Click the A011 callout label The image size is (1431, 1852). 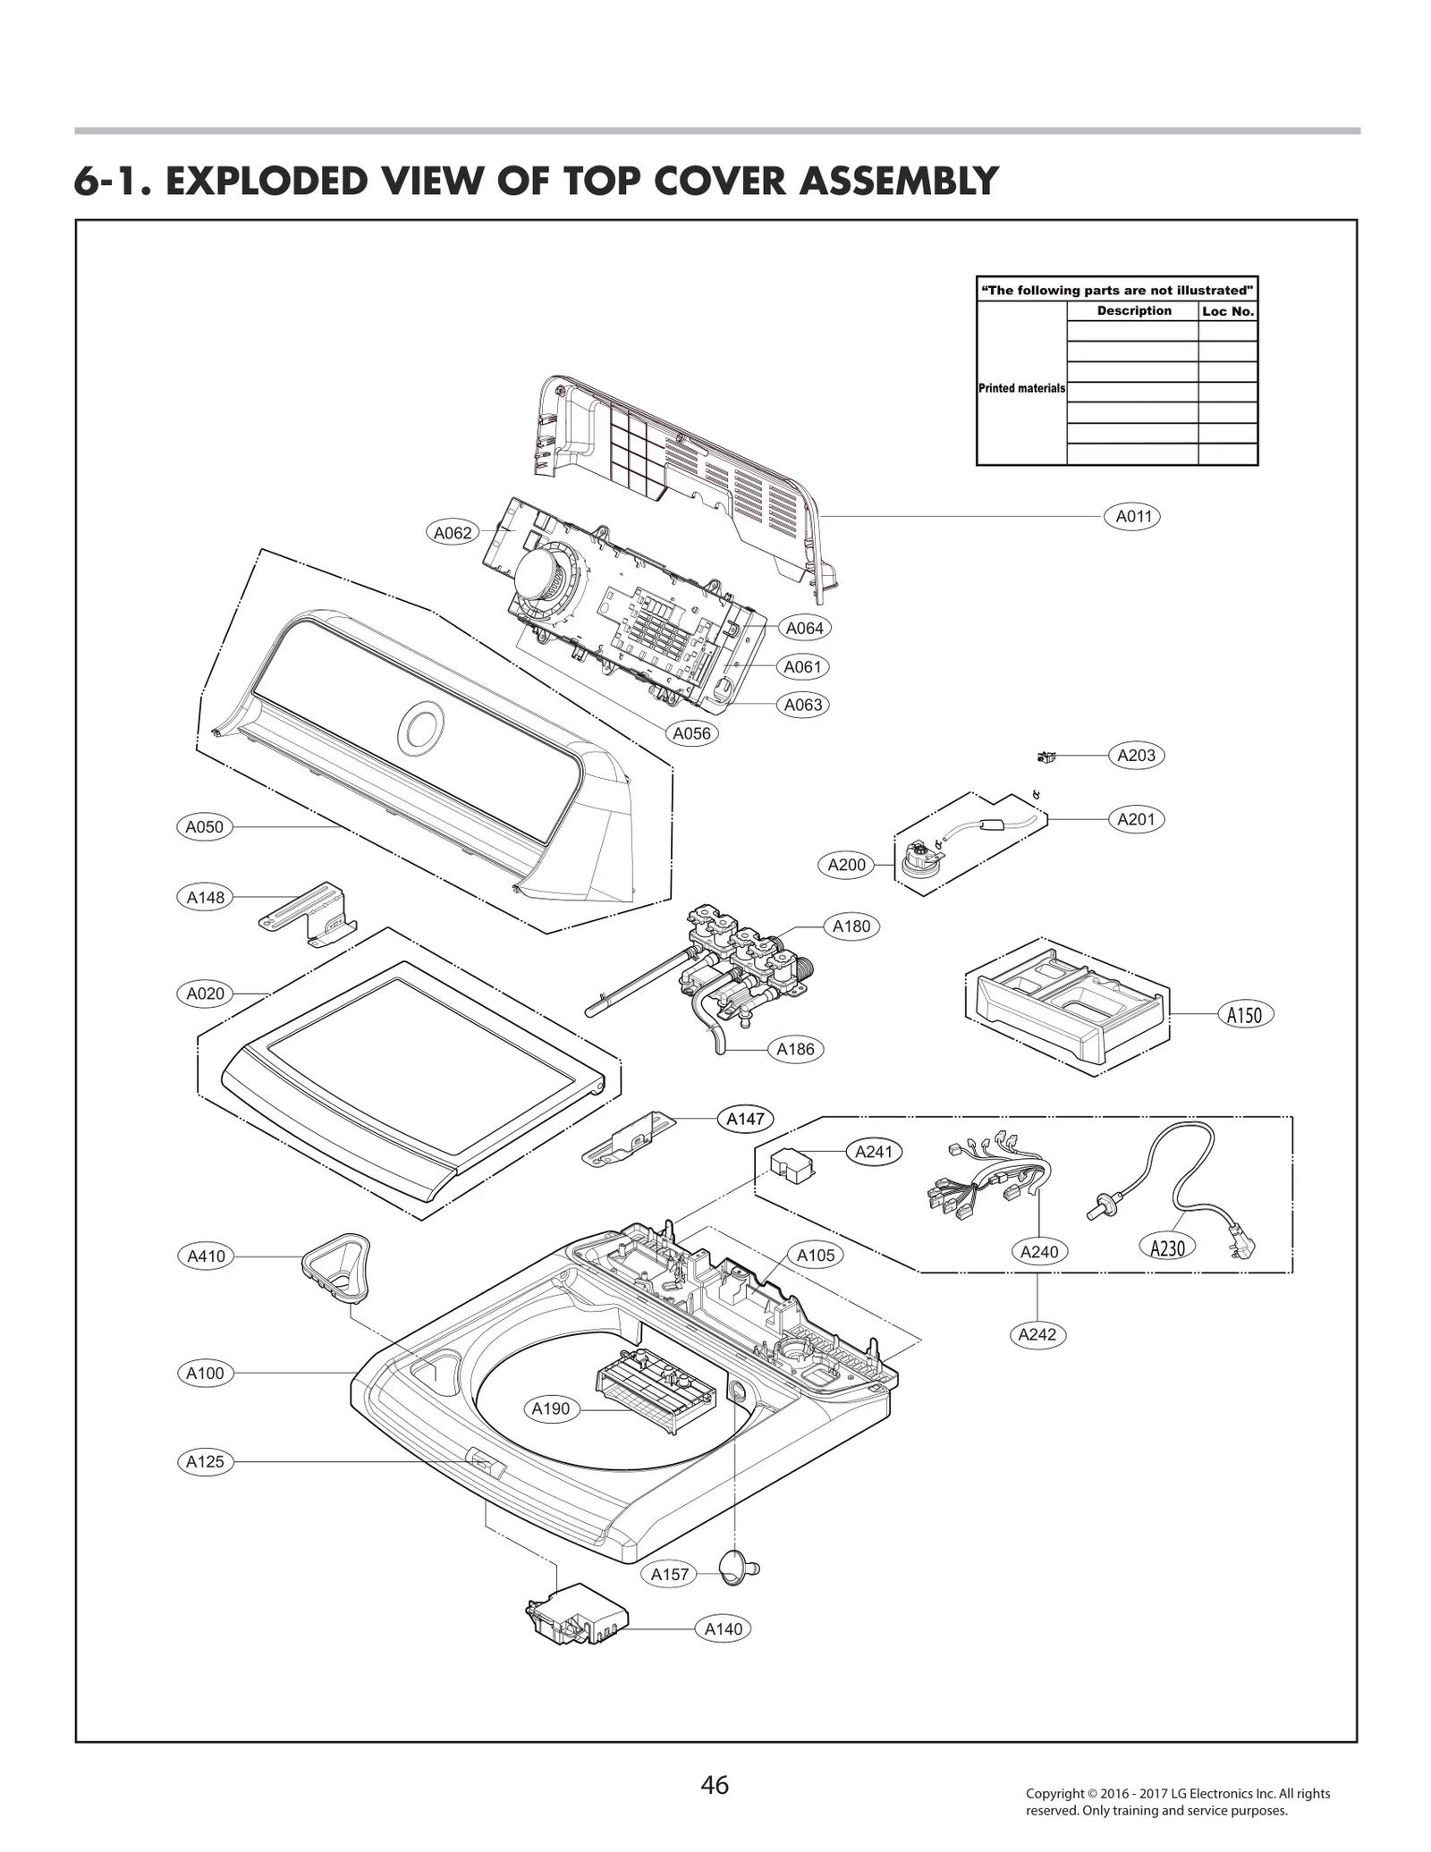1132,516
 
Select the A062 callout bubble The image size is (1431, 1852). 453,533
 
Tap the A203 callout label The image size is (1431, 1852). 1136,755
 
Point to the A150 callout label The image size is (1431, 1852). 1244,1014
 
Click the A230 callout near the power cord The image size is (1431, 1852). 1167,1247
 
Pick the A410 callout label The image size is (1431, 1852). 206,1256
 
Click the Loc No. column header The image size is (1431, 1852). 1227,311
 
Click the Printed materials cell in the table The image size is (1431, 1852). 1021,388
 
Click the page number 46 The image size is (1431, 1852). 715,1785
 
